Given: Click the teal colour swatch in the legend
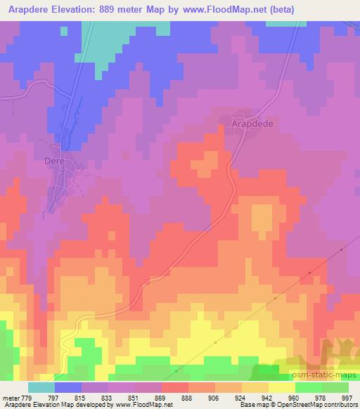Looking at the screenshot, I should point(41,387).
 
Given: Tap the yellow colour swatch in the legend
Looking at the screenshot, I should point(282,387).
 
